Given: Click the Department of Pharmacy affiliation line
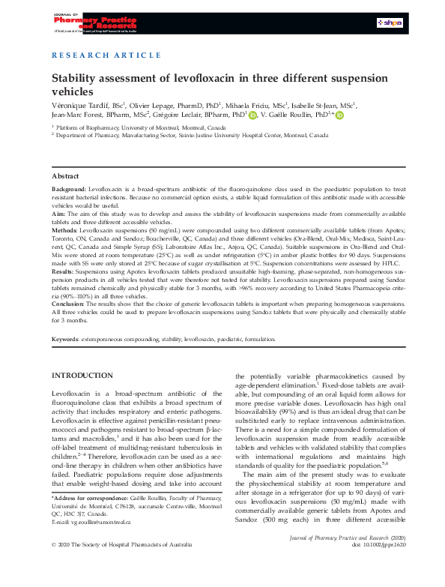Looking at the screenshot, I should (x=190, y=136).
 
